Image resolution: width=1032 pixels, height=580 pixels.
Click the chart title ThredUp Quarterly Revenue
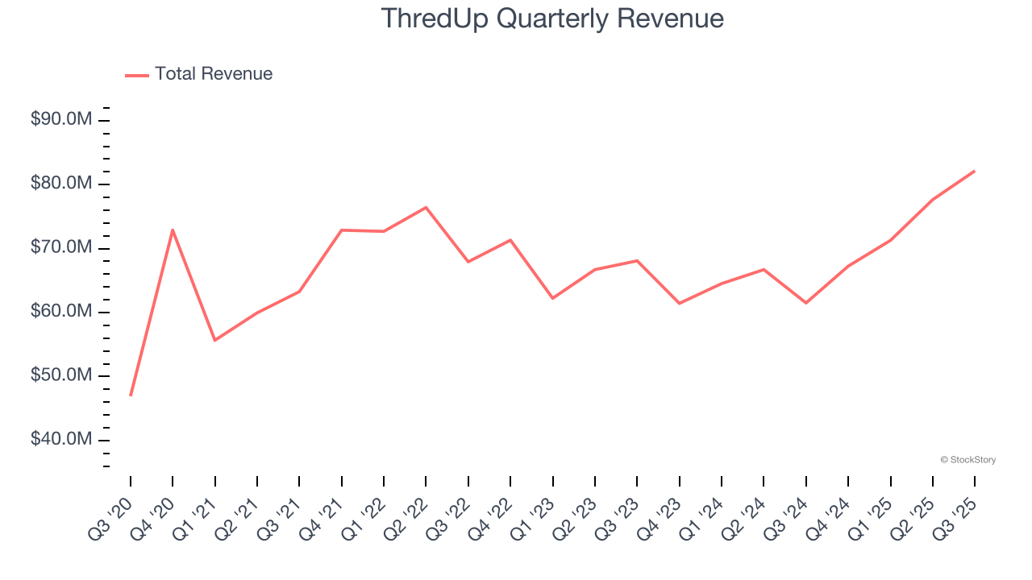[x=551, y=19]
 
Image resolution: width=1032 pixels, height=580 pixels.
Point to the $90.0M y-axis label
[x=60, y=120]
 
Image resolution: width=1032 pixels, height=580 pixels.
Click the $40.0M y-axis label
[x=60, y=440]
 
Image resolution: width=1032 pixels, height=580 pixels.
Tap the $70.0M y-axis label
[x=60, y=247]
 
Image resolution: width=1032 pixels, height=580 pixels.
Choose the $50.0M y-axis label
[x=60, y=375]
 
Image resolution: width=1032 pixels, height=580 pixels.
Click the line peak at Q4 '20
[x=173, y=230]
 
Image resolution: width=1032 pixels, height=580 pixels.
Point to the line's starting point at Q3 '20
[x=131, y=396]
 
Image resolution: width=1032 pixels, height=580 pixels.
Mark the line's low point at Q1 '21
[x=214, y=340]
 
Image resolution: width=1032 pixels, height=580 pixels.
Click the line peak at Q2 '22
[x=426, y=207]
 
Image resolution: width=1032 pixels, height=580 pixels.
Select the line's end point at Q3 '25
[x=974, y=171]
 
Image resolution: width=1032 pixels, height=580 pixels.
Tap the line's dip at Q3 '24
[x=805, y=303]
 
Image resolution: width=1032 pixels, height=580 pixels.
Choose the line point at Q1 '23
[x=552, y=298]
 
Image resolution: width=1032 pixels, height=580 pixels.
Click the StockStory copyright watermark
[x=967, y=460]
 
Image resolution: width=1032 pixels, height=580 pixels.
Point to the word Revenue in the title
[x=671, y=19]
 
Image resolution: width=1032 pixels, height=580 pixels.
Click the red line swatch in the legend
[x=137, y=75]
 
